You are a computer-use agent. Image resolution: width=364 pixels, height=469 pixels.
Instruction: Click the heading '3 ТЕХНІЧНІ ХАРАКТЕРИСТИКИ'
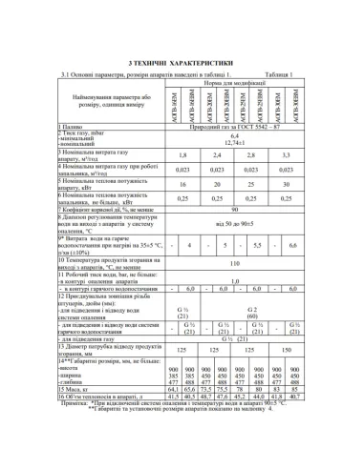(181, 60)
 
